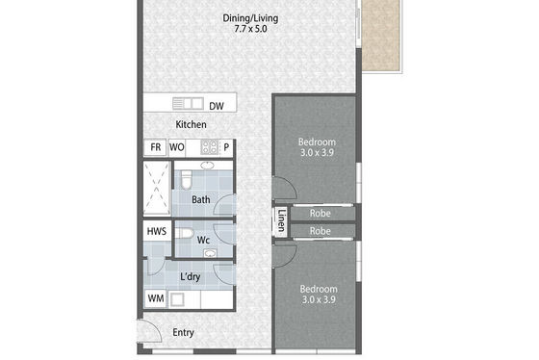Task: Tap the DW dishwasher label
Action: [217, 106]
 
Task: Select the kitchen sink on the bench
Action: [188, 104]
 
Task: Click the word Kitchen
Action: [192, 124]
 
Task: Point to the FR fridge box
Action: [155, 147]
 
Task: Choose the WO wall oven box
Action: [177, 147]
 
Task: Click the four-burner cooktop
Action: [210, 147]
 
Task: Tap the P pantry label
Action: [226, 147]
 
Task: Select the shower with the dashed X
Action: [157, 188]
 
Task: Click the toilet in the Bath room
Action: [186, 179]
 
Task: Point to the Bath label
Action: [201, 200]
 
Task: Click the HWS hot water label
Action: [157, 231]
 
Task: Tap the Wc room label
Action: [203, 240]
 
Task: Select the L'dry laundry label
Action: [191, 277]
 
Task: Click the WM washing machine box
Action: [156, 298]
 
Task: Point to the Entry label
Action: [183, 333]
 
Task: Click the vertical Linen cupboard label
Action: [281, 220]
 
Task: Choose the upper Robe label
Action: [320, 214]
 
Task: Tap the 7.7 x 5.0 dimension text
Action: [250, 29]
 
